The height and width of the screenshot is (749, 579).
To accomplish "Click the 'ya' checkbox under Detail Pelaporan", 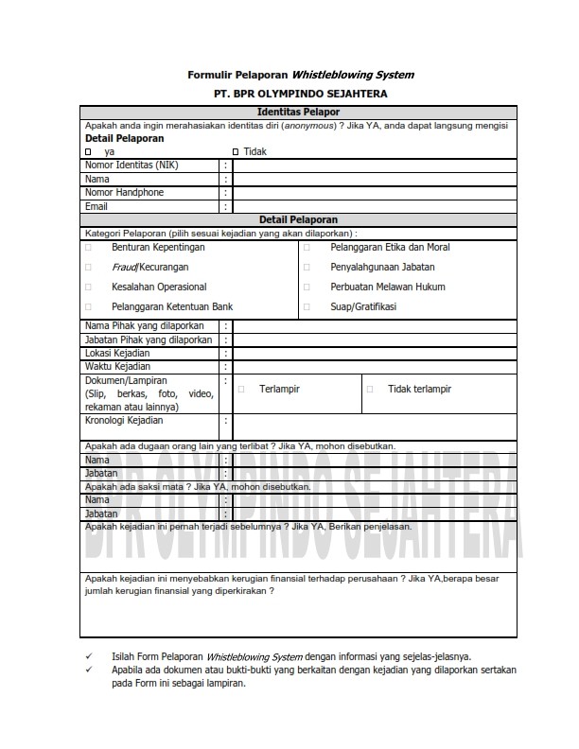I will tap(88, 151).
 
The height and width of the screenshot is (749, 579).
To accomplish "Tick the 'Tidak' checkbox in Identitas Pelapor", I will tap(236, 151).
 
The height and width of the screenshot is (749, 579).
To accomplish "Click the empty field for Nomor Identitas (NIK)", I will tap(374, 165).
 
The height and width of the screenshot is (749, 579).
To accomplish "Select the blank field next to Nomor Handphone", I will tap(374, 193).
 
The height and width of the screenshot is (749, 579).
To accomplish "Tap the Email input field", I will tap(374, 206).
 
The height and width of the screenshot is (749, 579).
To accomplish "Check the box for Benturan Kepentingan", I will tap(88, 248).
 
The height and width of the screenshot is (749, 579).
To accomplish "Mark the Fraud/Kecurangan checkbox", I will tap(88, 268).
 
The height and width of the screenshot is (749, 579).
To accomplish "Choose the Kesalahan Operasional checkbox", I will tap(88, 287).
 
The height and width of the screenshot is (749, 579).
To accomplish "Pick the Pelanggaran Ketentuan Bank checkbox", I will tap(88, 307).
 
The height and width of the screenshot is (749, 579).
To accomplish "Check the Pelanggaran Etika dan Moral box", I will tap(307, 248).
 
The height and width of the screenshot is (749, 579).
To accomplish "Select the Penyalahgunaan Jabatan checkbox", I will tap(307, 268).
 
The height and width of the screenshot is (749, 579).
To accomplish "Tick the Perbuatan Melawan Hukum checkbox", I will tap(307, 287).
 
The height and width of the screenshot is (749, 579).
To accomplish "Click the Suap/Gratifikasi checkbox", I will tap(307, 307).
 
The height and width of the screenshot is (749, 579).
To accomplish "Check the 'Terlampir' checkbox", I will tap(241, 389).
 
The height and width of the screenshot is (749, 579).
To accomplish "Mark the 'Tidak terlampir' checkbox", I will tap(370, 389).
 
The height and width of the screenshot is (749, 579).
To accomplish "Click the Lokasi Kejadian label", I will tap(117, 353).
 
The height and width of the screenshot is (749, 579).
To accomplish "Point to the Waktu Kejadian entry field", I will tap(374, 367).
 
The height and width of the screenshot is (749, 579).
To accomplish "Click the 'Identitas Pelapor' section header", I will tap(298, 113).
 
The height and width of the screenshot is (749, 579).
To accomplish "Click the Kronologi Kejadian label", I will tap(124, 420).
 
